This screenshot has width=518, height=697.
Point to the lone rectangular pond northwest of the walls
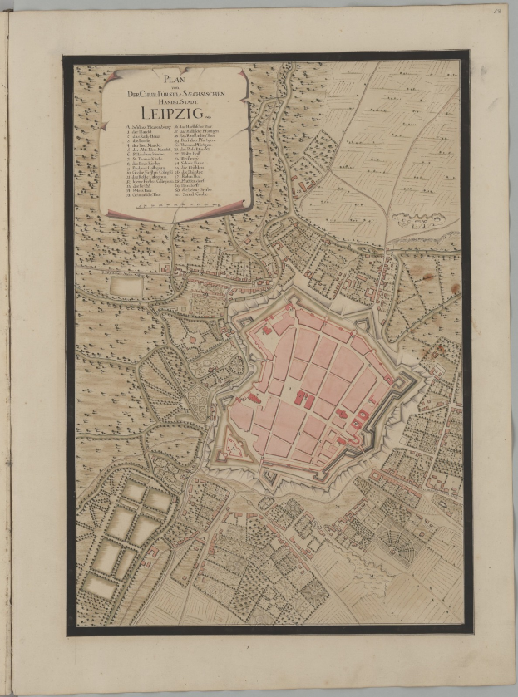pos(126,285)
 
